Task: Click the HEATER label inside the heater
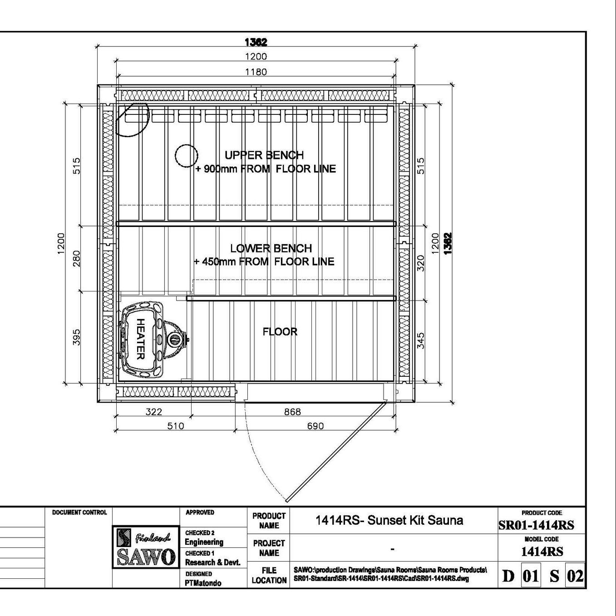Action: coord(141,339)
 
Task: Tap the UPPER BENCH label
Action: coord(264,155)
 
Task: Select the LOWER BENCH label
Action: coord(271,248)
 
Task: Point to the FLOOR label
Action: coord(280,332)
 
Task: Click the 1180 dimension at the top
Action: coord(256,72)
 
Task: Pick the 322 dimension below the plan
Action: coord(154,412)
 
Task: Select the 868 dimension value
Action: coord(292,412)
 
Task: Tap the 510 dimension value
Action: coord(176,426)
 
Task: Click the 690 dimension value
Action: coord(315,426)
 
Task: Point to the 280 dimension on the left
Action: coord(76,259)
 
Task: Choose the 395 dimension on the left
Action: coord(76,337)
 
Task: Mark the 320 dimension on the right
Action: coord(421,263)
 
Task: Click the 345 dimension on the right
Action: coord(421,341)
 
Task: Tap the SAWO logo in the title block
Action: coord(146,547)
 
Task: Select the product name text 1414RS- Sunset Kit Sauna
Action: coord(389,520)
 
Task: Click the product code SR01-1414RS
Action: coord(536,526)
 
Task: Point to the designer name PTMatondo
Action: coord(203,583)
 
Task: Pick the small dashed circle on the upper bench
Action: coord(187,156)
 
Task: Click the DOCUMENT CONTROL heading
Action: coord(79,513)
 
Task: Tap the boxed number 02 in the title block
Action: coord(575,576)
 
